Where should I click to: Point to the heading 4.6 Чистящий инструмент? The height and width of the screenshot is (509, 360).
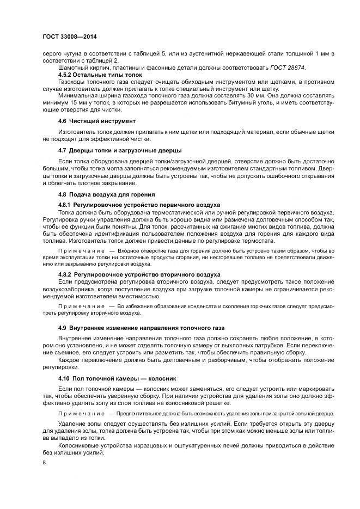coord(97,120)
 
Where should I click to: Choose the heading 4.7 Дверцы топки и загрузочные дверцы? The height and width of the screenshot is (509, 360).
coord(120,149)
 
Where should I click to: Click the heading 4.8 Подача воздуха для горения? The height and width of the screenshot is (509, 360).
coord(107,194)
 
